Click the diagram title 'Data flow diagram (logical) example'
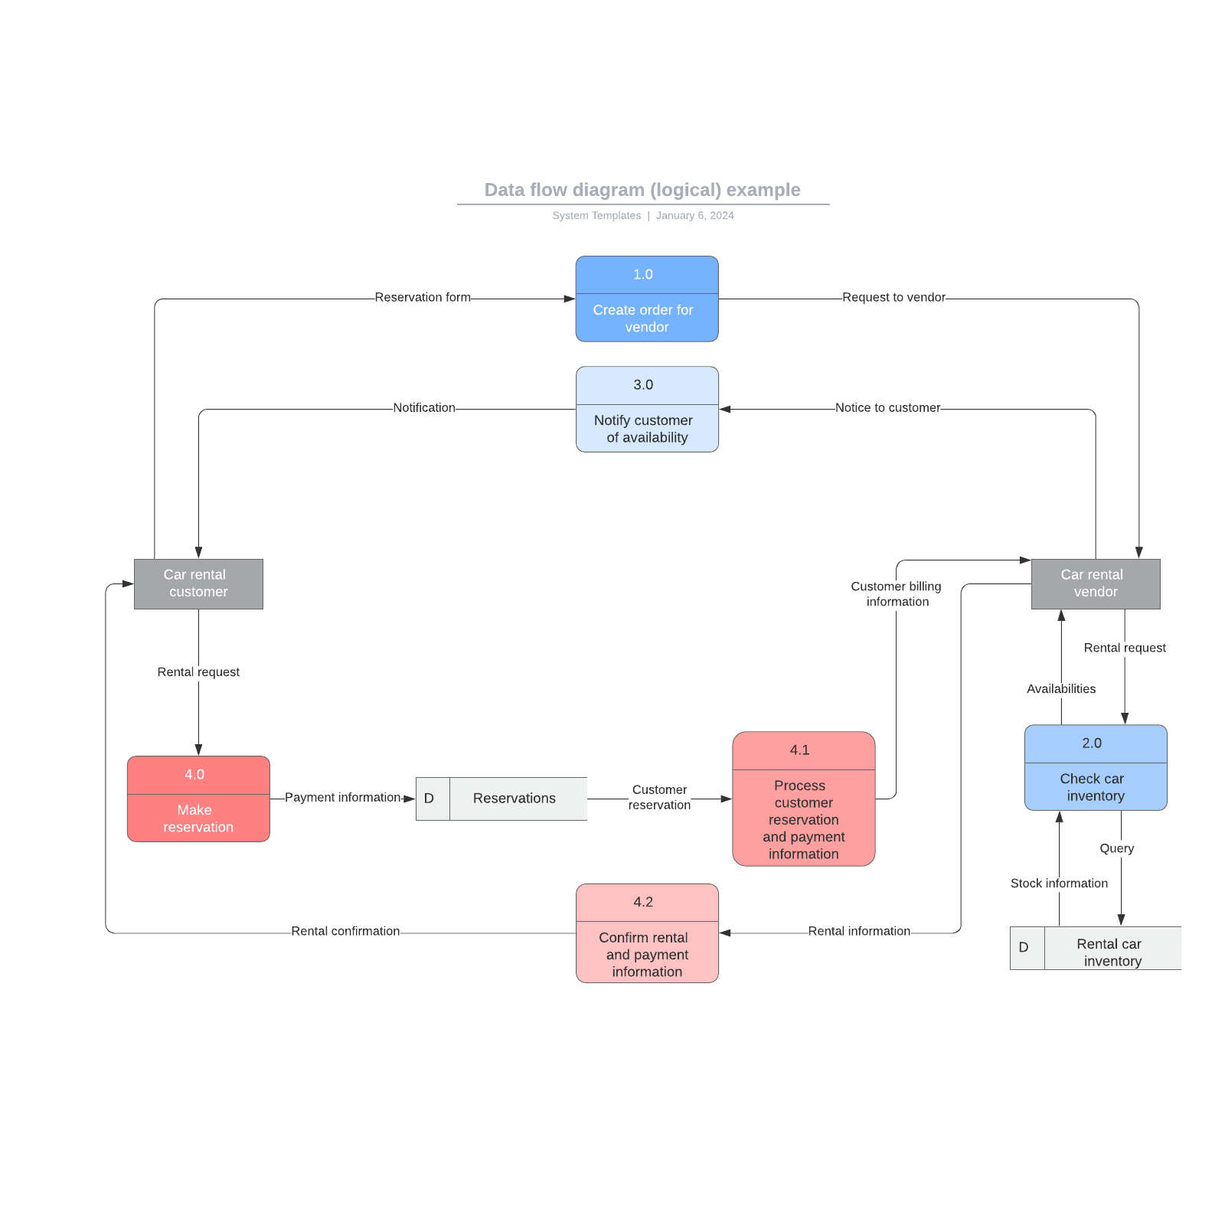click(642, 190)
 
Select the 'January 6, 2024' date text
click(694, 216)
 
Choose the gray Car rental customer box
click(198, 584)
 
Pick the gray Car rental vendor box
click(1096, 584)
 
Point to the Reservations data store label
click(514, 799)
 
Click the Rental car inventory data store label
click(1112, 952)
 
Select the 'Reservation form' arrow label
click(423, 298)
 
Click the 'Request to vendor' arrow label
click(893, 298)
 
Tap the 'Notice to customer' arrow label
click(887, 408)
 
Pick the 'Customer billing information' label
click(897, 594)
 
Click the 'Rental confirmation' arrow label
click(345, 932)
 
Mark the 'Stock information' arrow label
click(1059, 884)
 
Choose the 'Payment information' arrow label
click(342, 798)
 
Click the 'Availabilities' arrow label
click(1061, 689)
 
